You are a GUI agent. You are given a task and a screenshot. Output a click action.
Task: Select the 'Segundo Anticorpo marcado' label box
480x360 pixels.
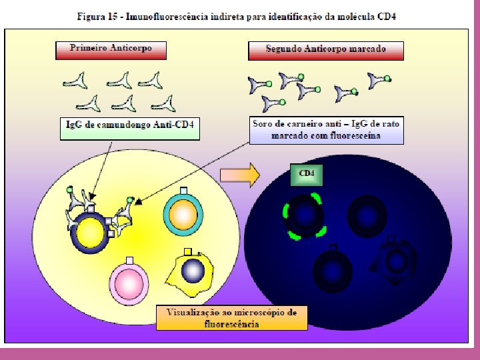coord(326,49)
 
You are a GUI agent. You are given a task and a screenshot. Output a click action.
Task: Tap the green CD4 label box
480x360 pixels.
coord(306,174)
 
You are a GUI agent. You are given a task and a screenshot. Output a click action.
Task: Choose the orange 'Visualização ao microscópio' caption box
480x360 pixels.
coord(232,317)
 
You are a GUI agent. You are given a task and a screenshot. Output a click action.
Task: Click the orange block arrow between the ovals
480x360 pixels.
coord(240,175)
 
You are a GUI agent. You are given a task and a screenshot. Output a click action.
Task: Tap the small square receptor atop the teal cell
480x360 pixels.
coord(183,190)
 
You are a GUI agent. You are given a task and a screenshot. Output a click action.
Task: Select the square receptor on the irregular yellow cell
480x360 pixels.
coord(187,251)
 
